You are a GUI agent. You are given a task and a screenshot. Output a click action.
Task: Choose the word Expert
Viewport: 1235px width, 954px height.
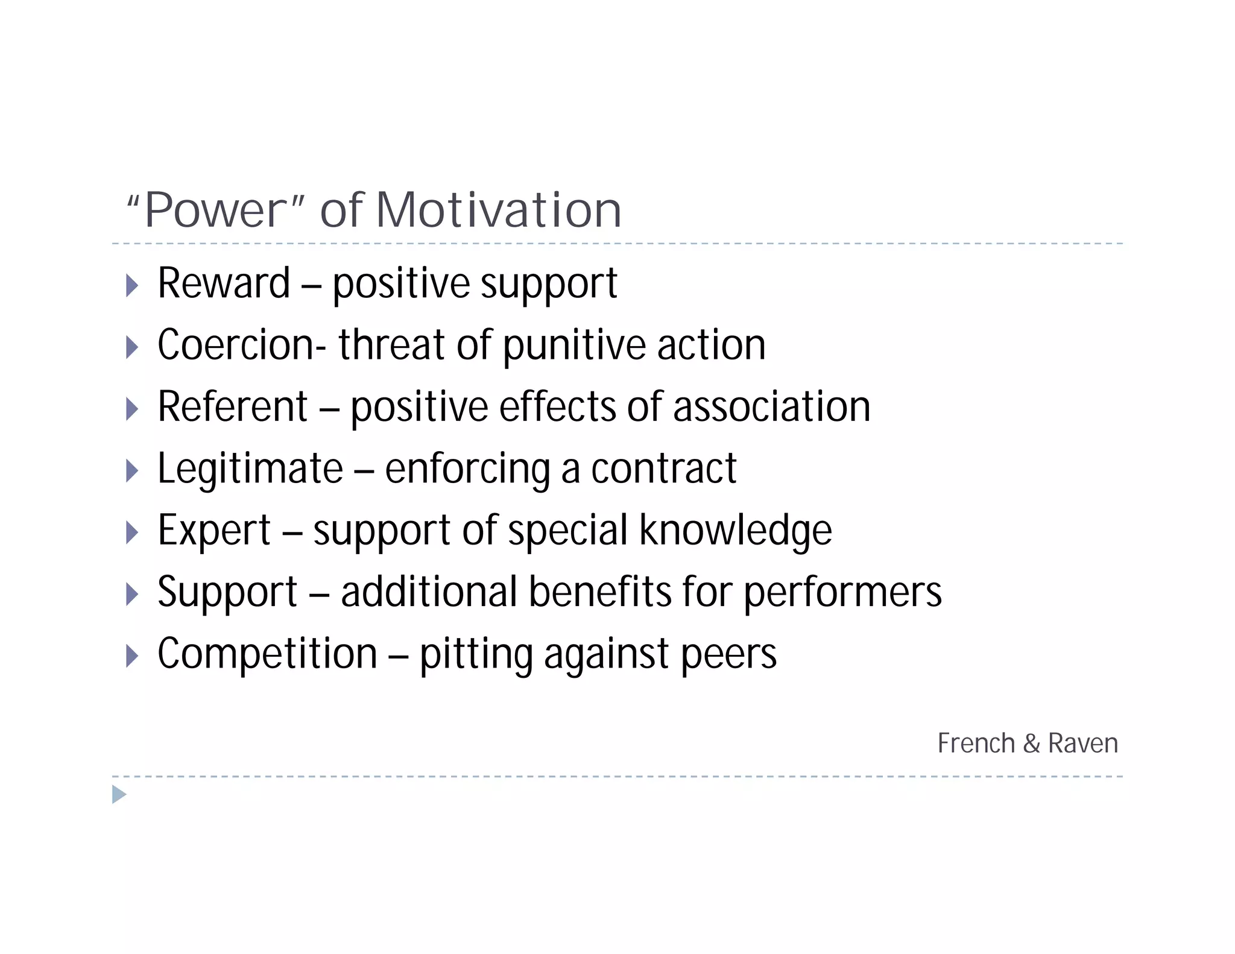point(214,531)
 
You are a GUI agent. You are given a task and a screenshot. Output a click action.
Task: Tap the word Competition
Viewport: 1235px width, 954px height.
point(267,654)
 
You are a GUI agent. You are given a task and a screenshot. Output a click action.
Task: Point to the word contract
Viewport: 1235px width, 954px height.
point(663,469)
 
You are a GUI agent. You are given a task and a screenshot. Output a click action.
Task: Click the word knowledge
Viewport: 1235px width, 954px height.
point(735,531)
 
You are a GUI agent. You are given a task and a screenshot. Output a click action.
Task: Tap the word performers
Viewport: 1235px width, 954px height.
point(842,592)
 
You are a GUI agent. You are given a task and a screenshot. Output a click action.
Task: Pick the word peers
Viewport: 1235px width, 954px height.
point(728,655)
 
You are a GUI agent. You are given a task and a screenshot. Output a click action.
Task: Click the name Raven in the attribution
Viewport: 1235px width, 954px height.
point(1083,743)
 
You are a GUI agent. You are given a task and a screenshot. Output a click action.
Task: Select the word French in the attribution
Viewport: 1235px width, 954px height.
point(976,743)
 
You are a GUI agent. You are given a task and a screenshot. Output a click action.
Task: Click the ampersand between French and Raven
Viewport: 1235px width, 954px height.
point(1032,744)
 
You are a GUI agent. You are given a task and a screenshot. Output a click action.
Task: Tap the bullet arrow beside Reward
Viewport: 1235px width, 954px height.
point(132,285)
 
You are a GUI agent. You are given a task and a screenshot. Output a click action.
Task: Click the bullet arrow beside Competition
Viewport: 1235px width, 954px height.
point(132,655)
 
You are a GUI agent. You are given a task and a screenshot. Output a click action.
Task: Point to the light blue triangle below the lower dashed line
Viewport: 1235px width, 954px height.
point(119,795)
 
